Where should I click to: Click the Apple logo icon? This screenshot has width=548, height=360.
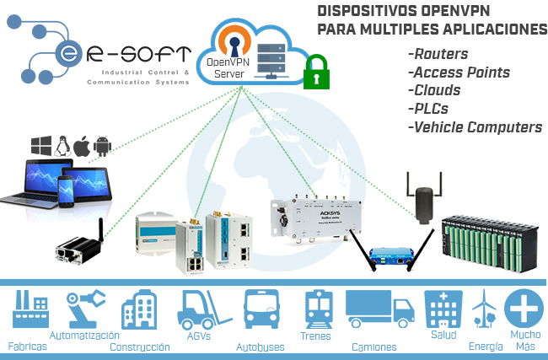(x=82, y=145)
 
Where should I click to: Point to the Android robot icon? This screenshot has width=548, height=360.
(x=102, y=145)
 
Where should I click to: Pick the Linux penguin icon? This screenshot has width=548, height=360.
(x=62, y=145)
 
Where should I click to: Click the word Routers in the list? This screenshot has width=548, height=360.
(x=439, y=54)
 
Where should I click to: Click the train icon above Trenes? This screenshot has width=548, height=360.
(x=315, y=309)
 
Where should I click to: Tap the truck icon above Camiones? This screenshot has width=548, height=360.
(x=376, y=309)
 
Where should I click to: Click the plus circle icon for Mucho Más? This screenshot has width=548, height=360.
(x=524, y=309)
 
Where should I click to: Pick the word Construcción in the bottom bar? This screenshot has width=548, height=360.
(x=140, y=347)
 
